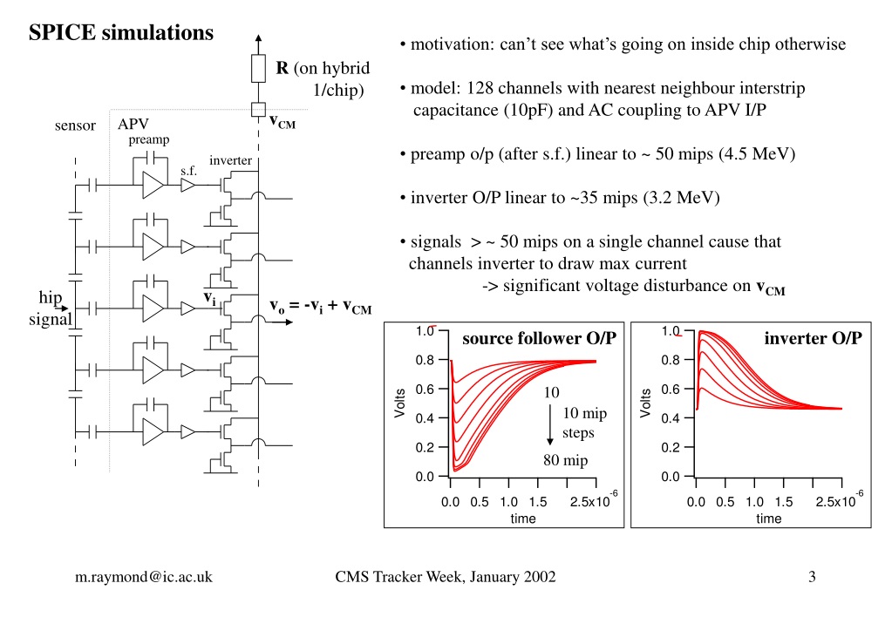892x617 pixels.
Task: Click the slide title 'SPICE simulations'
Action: coord(121,32)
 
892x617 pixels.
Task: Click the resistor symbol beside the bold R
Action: coord(258,69)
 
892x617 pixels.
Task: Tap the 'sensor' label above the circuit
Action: coord(75,125)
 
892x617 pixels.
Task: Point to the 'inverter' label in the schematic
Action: coord(230,160)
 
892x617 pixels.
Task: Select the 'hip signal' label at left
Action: coord(51,308)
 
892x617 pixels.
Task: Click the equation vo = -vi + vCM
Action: coord(320,307)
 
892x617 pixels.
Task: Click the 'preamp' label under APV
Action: coord(148,140)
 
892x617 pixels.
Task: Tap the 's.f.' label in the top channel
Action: coord(189,171)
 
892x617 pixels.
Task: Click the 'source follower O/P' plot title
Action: coord(539,338)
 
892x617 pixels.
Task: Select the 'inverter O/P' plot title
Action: coord(813,338)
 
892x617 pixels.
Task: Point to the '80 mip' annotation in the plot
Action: coord(565,460)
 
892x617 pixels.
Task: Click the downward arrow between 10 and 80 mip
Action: coord(549,424)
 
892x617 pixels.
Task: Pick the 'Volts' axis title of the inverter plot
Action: coord(645,403)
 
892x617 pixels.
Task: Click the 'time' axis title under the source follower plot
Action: coord(523,519)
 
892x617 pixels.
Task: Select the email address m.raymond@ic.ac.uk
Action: coord(143,577)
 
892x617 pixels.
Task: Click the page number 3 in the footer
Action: coord(812,577)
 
